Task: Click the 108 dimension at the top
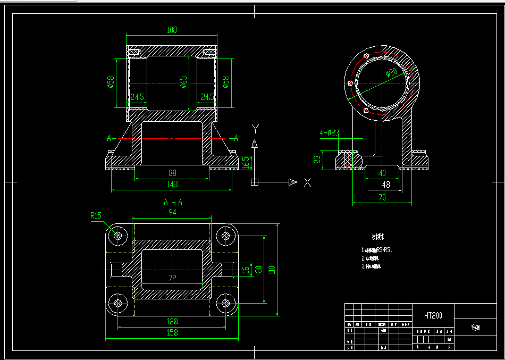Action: (x=172, y=30)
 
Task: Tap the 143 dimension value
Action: (x=172, y=185)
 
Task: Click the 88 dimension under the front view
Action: (x=172, y=173)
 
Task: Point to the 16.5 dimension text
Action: (x=246, y=162)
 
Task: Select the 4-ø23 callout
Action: (x=329, y=133)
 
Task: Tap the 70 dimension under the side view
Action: (x=382, y=197)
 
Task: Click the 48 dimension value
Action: (x=385, y=185)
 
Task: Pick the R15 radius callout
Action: (x=96, y=215)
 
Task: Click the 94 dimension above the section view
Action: (x=172, y=212)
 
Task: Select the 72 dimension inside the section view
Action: (x=172, y=278)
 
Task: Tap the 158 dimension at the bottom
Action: (x=172, y=332)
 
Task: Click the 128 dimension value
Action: (x=172, y=321)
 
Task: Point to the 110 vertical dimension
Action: (x=272, y=270)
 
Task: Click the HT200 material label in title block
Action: (x=433, y=315)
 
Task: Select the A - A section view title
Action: (x=173, y=202)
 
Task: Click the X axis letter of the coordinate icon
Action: (x=307, y=182)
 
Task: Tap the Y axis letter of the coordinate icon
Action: (x=255, y=128)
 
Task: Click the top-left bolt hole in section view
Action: (x=117, y=235)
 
